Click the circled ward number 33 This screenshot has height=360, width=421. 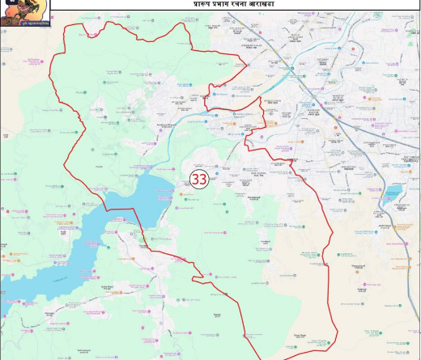[x=198, y=180]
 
